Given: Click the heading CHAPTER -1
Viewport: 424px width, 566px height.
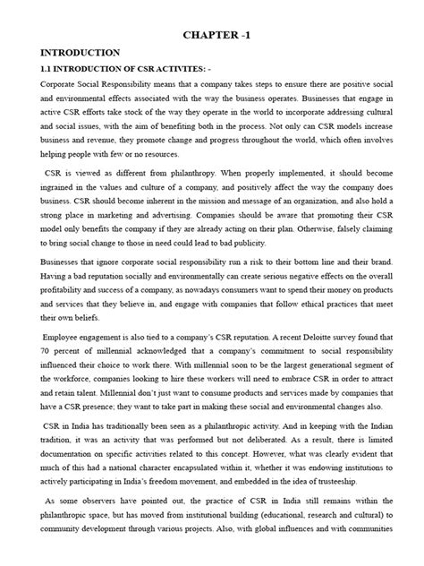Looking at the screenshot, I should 242,34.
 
